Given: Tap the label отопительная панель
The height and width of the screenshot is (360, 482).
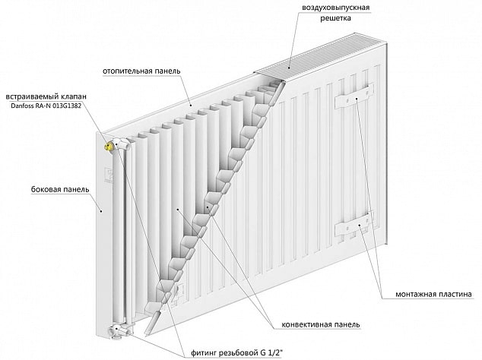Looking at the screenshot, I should (141, 71).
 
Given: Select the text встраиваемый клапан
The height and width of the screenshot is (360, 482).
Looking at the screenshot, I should (46, 96).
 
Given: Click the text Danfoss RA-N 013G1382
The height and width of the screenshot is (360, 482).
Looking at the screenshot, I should (46, 106).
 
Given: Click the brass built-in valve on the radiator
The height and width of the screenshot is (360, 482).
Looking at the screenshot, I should (109, 144).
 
